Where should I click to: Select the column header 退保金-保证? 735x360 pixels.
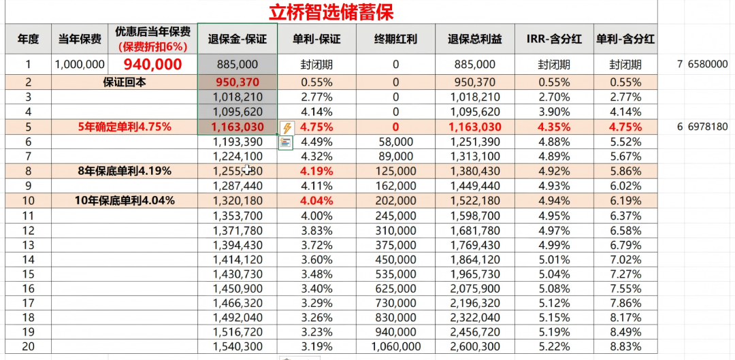(x=238, y=39)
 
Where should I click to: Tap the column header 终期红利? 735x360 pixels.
(x=395, y=39)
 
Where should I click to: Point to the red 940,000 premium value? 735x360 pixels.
(x=152, y=65)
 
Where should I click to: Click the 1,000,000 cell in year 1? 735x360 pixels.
(x=80, y=65)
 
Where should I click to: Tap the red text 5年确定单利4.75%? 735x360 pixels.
(x=125, y=127)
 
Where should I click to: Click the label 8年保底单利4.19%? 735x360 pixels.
(x=125, y=171)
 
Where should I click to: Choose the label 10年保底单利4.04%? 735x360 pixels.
(x=125, y=201)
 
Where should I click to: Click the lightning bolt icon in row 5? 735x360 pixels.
(x=287, y=127)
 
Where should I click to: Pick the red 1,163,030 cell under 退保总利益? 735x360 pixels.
(x=474, y=127)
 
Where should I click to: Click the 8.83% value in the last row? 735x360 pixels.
(x=625, y=347)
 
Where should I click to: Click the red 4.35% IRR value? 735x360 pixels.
(x=553, y=127)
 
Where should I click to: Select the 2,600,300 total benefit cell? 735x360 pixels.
(x=474, y=347)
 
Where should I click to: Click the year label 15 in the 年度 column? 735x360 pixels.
(x=28, y=274)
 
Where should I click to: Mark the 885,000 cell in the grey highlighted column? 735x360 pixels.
(x=238, y=65)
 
